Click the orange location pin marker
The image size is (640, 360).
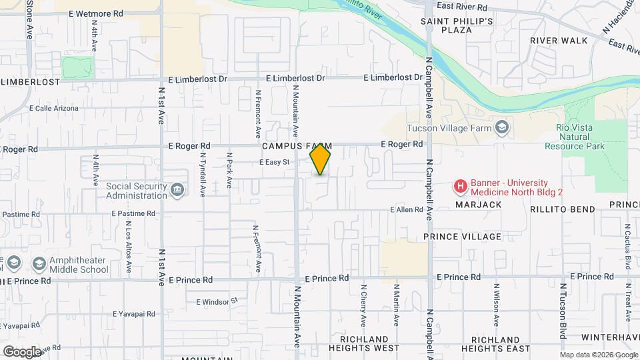coord(321,159)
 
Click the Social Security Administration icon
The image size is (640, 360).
coord(177,191)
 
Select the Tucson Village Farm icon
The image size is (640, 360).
coord(501,127)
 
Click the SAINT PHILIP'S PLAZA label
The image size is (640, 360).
coord(457,25)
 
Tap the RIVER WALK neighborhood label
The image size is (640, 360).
coord(559,41)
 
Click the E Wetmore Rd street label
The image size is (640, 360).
coord(99,13)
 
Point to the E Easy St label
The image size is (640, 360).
coord(275,162)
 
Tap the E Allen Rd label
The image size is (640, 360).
coord(407,210)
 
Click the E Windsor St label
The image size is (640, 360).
coord(217,301)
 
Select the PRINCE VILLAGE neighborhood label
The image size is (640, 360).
coord(462,237)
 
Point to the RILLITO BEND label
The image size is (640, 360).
coord(562,209)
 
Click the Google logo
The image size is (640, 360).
coord(22,351)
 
